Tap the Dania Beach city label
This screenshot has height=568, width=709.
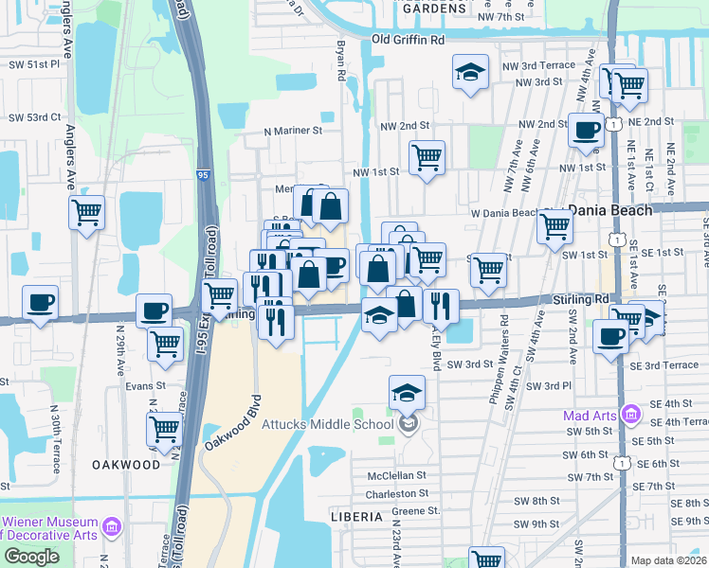[x=611, y=210]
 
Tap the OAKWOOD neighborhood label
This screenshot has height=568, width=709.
[x=126, y=465]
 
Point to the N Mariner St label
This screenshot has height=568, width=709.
[x=293, y=131]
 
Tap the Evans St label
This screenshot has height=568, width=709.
[x=146, y=386]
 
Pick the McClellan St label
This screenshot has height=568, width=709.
[x=396, y=475]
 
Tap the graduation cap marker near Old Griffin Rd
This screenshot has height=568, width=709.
[x=470, y=75]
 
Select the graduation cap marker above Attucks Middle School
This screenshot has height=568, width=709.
[x=407, y=391]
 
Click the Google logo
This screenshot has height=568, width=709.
[x=31, y=556]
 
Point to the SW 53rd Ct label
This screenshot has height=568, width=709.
[x=35, y=117]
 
